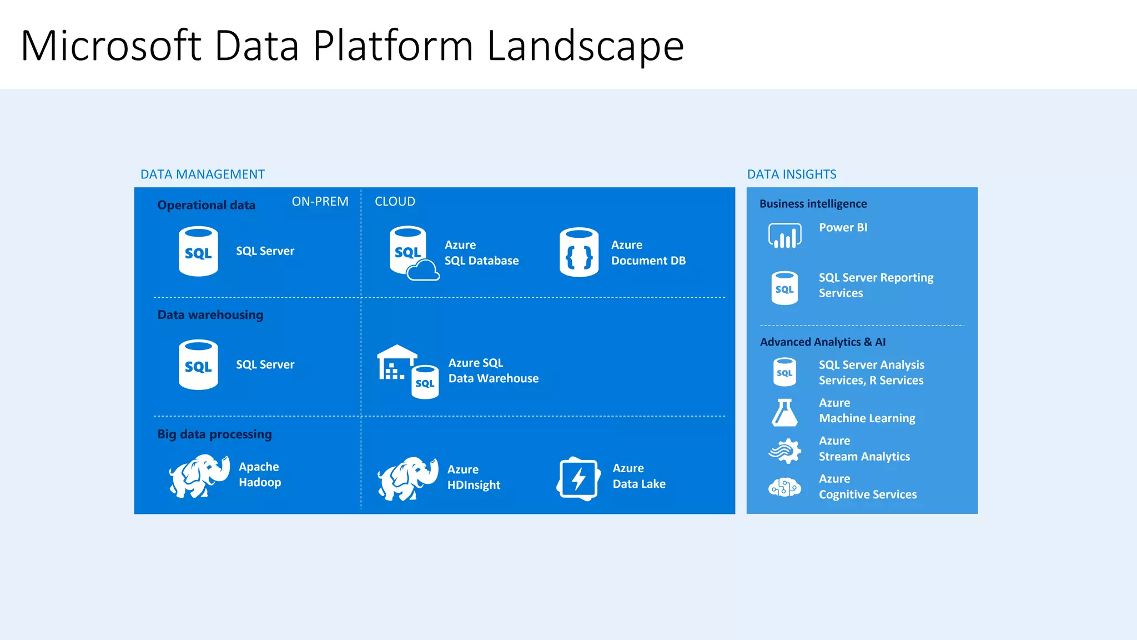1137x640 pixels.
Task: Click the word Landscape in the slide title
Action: pos(585,47)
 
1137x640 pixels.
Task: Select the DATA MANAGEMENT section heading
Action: pos(203,174)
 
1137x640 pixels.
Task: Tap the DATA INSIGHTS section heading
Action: pos(792,174)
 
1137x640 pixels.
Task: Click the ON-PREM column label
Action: pos(320,202)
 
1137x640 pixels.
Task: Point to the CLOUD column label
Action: pos(395,202)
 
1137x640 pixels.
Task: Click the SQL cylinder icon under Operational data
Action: pos(198,251)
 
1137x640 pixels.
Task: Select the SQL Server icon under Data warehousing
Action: pos(198,364)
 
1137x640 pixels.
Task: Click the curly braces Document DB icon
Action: pos(579,252)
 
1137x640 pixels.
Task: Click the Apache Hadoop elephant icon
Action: pos(199,476)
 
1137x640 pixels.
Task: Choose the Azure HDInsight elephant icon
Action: pos(407,478)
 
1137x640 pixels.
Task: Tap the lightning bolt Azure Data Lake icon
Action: pos(578,478)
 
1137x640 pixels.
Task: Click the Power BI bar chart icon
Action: pos(784,236)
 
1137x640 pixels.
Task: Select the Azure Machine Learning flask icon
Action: pos(784,412)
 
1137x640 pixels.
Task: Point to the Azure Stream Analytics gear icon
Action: pos(784,451)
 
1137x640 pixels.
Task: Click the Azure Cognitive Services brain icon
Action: pos(784,488)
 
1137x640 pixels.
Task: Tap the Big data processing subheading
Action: pos(215,434)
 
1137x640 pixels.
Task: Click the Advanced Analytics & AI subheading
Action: pos(823,342)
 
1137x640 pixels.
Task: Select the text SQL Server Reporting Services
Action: pos(876,286)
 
